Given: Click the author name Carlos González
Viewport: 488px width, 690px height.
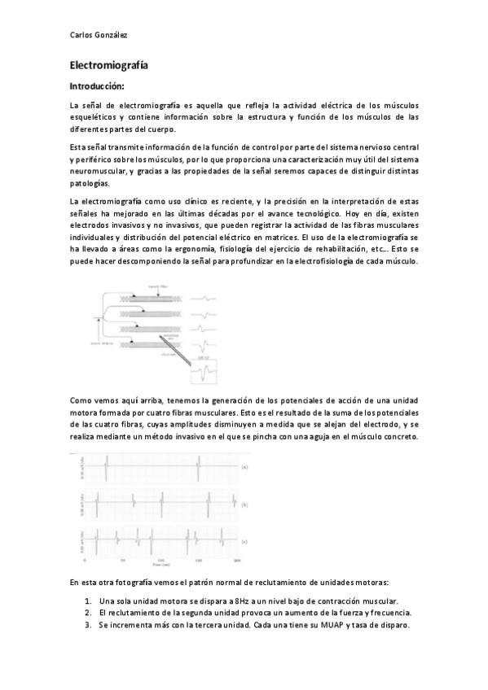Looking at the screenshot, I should (99, 34).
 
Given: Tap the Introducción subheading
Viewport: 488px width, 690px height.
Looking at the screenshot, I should (97, 85).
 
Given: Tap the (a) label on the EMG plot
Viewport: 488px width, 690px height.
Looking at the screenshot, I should (244, 467).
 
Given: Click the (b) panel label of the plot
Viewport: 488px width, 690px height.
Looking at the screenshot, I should (244, 504).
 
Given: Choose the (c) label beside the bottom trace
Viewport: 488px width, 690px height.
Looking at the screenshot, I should (244, 541).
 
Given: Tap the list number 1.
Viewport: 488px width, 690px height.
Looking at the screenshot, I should (87, 600).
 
